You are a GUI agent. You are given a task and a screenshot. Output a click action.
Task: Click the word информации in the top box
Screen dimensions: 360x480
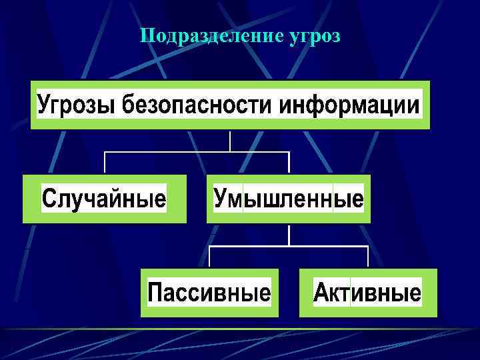tap(350, 105)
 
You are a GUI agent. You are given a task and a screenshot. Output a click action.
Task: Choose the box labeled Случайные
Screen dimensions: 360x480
tap(104, 199)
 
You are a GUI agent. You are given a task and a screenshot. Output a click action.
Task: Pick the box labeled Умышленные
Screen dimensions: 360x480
tap(288, 199)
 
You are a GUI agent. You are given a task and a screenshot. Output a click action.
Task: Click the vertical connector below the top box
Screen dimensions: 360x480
tap(230, 140)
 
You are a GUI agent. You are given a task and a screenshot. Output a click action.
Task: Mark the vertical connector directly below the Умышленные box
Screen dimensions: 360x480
tap(288, 234)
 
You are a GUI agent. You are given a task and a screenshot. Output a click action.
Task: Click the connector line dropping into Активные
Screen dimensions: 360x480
tap(367, 257)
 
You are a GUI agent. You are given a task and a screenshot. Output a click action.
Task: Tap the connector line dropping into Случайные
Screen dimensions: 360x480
tap(105, 163)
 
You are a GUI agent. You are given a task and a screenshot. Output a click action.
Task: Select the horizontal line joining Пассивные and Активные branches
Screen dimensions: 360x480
tap(288, 246)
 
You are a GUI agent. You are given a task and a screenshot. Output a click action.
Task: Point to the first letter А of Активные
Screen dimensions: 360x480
tap(322, 293)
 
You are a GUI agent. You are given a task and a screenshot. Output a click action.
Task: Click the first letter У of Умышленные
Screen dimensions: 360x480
tap(221, 199)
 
